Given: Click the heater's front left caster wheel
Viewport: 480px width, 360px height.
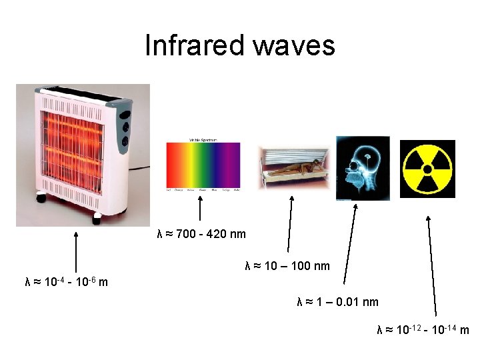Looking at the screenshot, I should (41, 197).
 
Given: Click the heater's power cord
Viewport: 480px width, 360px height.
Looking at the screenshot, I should (142, 167).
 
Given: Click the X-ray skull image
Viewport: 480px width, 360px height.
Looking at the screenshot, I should (363, 167).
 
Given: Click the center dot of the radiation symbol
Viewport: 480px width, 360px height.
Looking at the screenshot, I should (427, 169).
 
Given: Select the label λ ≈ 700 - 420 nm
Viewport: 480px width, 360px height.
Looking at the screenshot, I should (201, 234).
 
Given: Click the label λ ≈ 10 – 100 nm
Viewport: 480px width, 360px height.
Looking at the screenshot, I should (287, 267).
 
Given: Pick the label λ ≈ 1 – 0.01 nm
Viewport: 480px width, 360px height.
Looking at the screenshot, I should (338, 302).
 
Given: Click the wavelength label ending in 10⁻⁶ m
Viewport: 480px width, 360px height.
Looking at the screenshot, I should (66, 282).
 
